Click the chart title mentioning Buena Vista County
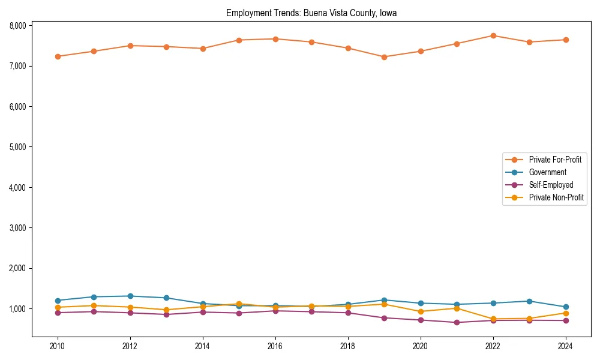[311, 13]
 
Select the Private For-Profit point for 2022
[493, 35]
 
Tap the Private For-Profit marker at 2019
[384, 57]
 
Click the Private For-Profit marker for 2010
[58, 56]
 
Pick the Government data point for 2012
[130, 296]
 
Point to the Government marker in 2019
[384, 300]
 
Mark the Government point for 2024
[566, 307]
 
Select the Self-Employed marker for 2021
[457, 322]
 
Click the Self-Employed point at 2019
[384, 318]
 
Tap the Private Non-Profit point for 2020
[421, 311]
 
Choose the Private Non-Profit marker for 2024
[566, 313]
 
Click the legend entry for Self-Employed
[551, 185]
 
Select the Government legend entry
[547, 172]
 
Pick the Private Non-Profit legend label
[556, 197]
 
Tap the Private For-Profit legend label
[555, 160]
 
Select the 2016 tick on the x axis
[275, 346]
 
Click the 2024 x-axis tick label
[566, 346]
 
